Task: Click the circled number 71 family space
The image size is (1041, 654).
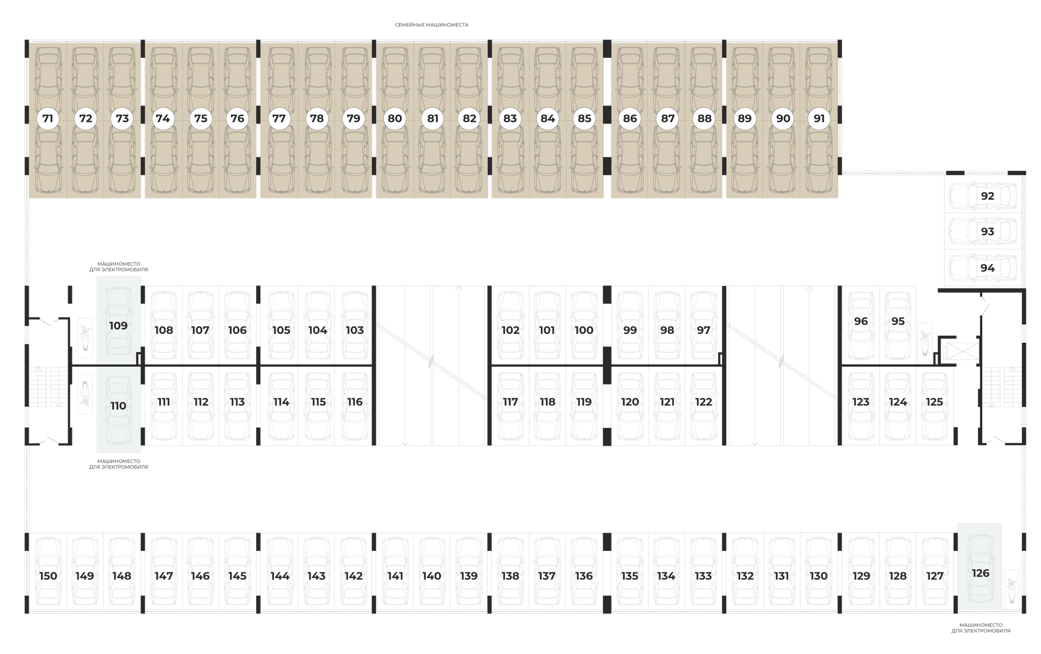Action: tap(48, 119)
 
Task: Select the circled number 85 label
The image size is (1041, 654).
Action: tap(585, 119)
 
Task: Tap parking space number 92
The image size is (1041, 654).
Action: tap(983, 196)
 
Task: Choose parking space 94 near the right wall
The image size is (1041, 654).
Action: tap(983, 268)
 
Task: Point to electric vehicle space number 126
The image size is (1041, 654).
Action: tap(980, 567)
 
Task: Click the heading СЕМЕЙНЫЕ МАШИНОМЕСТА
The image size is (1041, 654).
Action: tap(431, 25)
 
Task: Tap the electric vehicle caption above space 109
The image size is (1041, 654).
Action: tap(119, 267)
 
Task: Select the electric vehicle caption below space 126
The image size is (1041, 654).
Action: tap(981, 628)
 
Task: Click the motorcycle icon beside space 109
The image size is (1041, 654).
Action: tap(85, 337)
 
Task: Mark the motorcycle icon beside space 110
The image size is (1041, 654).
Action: tap(85, 395)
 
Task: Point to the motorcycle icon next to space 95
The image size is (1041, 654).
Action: tap(925, 342)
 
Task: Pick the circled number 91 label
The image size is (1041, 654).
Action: tap(819, 119)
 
